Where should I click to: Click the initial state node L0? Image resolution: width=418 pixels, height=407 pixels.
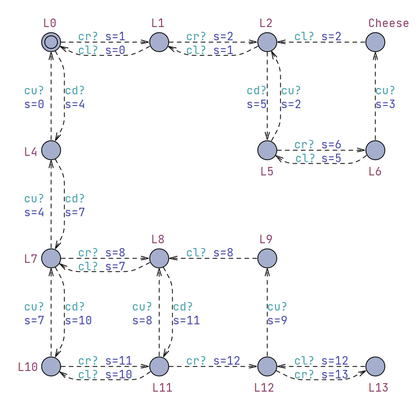51,41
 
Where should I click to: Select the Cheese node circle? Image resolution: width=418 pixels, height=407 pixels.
375,42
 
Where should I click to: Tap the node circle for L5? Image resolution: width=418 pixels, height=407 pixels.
267,150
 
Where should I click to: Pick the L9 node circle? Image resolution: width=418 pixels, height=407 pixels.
267,258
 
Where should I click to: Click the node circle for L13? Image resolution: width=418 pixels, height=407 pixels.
375,366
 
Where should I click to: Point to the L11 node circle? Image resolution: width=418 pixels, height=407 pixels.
159,366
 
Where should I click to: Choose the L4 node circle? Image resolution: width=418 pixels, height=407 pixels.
51,150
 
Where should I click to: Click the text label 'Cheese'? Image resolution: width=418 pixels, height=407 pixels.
389,23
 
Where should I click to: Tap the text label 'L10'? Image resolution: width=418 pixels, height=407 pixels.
28,366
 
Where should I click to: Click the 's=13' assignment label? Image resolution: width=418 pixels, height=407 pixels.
335,375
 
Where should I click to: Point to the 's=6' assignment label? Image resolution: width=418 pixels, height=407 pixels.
332,145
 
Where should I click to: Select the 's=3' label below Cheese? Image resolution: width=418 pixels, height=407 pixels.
385,104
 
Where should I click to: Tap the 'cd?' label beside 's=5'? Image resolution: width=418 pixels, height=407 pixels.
256,91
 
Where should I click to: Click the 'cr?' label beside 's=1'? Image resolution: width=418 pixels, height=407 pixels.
88,37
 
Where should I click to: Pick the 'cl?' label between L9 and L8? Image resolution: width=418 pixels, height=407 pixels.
197,253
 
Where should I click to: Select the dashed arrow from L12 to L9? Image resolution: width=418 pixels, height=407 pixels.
267,313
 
